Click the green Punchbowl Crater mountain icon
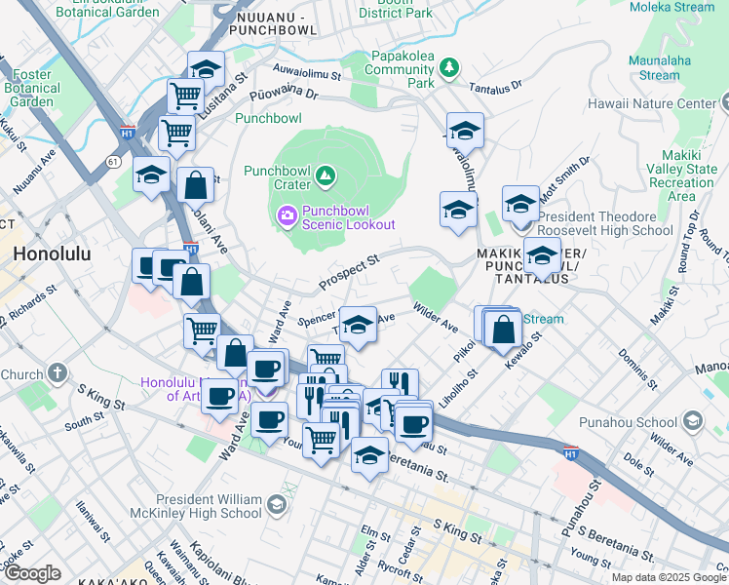coord(326,177)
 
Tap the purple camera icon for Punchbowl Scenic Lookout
coord(288,214)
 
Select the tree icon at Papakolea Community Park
coord(448,67)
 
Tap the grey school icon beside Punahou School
coord(692,421)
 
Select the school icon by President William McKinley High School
coord(277,504)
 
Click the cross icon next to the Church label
coord(58,372)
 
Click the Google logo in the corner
coord(31,573)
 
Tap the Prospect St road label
coord(348,274)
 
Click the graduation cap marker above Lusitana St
coord(206,70)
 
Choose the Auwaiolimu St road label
coord(307,73)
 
